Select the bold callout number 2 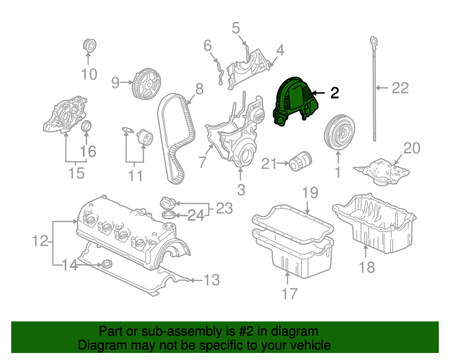click(335, 93)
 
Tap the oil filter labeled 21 click(300, 161)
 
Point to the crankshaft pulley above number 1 click(339, 131)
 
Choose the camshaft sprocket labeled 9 click(146, 84)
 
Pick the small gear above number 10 click(89, 46)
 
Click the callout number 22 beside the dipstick click(400, 88)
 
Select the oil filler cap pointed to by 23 click(167, 203)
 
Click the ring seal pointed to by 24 click(169, 215)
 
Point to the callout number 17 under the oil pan click(289, 294)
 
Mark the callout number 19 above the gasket click(310, 193)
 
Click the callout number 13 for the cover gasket click(212, 280)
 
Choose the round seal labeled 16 click(87, 126)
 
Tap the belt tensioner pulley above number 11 click(145, 138)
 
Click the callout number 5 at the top click(236, 28)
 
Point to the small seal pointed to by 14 click(107, 263)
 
